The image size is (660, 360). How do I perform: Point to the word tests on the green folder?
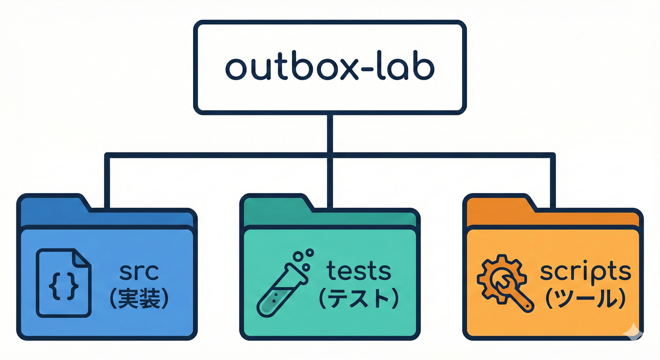(x=359, y=271)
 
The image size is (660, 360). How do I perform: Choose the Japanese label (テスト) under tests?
(x=358, y=300)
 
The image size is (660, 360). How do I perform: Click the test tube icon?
(x=281, y=286)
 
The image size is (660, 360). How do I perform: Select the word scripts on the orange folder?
(x=585, y=271)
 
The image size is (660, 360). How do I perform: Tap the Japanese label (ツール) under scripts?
(x=585, y=300)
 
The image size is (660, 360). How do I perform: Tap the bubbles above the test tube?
(x=303, y=260)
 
